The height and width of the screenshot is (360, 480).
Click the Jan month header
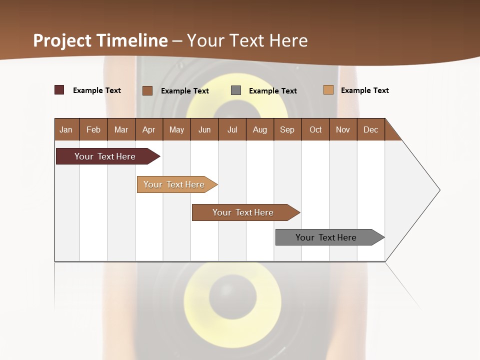[66, 129]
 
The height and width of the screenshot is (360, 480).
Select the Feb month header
[93, 129]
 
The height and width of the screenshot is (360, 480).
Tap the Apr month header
[148, 129]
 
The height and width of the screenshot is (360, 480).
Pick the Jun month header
[204, 129]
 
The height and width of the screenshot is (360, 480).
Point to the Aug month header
[259, 129]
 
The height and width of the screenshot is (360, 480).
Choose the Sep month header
[287, 129]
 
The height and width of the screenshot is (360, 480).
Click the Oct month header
[315, 129]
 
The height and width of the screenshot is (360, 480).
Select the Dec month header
[370, 129]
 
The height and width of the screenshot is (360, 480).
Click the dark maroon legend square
[59, 90]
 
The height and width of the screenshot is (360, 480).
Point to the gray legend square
[236, 90]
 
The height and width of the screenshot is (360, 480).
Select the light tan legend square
[328, 90]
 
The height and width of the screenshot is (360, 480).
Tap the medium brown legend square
[147, 90]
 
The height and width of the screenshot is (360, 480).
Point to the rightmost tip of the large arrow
[439, 190]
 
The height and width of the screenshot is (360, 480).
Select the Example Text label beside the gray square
[272, 91]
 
